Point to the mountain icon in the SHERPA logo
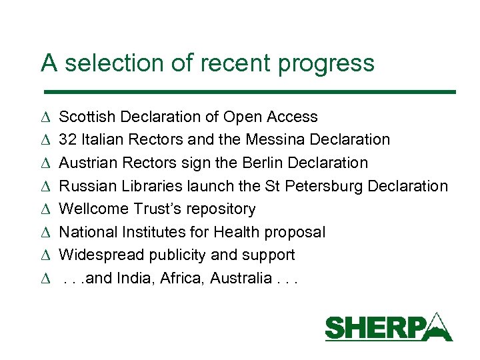437,325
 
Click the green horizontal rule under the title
248,91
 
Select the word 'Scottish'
86,117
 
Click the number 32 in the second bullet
67,140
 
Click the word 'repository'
221,209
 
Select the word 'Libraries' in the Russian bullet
137,186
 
